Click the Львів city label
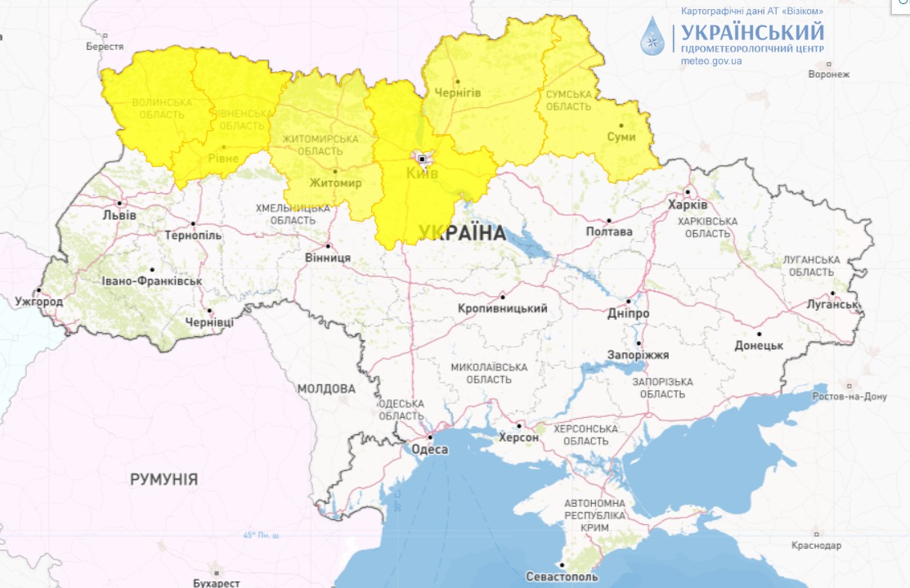[x=119, y=215]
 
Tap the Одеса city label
[x=429, y=450]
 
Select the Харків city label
[x=688, y=204]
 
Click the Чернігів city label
[x=457, y=92]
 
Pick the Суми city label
[x=621, y=137]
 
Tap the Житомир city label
[x=335, y=183]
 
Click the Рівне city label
[x=223, y=157]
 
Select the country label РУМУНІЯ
[x=164, y=479]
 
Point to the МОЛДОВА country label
[x=326, y=388]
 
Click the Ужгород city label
[x=38, y=302]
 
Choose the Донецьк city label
[x=759, y=345]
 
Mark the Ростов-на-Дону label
[x=849, y=397]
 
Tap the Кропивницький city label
[x=503, y=308]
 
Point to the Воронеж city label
[x=828, y=74]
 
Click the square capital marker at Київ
[x=422, y=159]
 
